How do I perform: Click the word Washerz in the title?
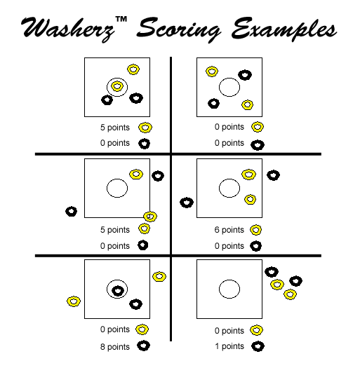coord(68,29)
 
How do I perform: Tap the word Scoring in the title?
coord(178,30)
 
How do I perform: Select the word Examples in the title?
coord(284,29)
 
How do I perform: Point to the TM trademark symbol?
coord(121,19)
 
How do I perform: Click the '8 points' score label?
coord(115,346)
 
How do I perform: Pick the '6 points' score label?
coord(229,230)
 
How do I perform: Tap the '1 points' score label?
coord(229,346)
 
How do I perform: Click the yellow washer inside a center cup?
coord(117,86)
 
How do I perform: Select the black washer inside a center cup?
coord(118,291)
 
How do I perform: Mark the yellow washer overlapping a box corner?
coord(150,217)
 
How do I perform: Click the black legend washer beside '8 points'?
coord(143,346)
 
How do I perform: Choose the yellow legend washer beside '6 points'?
coord(255,230)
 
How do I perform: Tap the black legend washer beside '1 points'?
coord(258,346)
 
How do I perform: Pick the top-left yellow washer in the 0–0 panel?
coord(212,71)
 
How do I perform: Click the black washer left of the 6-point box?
coord(187,203)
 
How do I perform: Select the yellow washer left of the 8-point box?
coord(74,301)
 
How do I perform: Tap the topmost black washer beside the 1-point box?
coord(272,272)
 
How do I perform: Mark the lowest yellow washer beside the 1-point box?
coord(290,294)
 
